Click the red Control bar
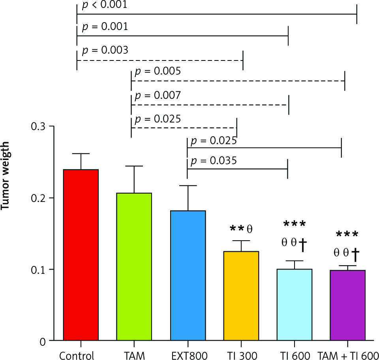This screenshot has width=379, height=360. click(x=81, y=255)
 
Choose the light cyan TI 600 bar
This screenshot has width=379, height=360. click(x=295, y=305)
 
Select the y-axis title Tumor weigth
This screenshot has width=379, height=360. click(x=9, y=180)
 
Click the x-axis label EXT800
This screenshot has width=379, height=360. click(x=188, y=354)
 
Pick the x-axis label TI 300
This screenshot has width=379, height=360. click(x=241, y=354)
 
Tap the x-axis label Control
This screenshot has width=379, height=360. click(x=77, y=354)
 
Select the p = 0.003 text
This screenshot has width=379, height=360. click(x=105, y=51)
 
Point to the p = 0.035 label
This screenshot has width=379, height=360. click(x=214, y=161)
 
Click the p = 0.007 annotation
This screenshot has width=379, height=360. click(x=158, y=96)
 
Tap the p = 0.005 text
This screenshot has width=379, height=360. click(x=158, y=72)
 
